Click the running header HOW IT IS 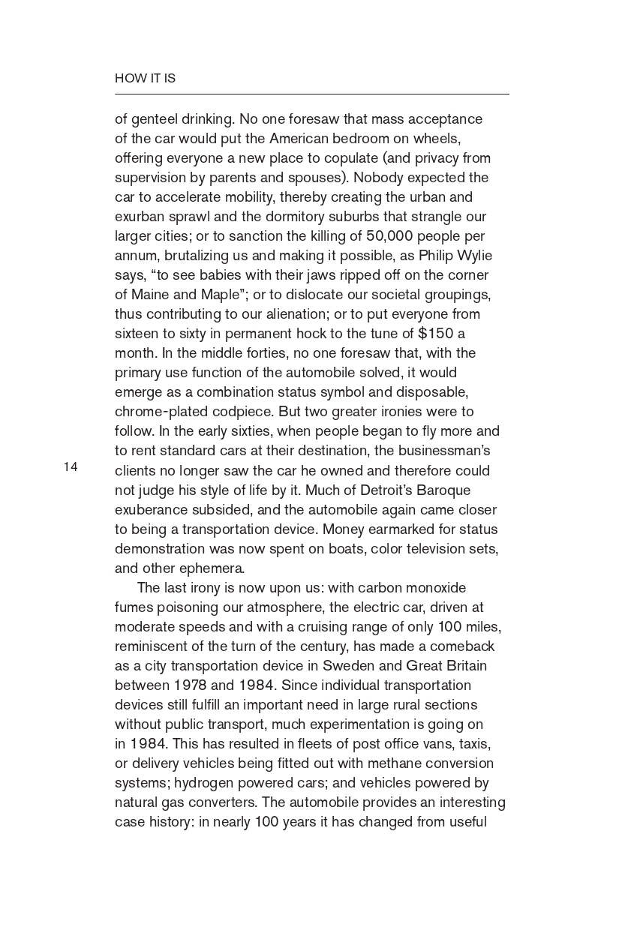coord(145,78)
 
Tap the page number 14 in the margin coord(71,467)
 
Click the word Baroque coord(442,490)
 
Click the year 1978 coord(191,685)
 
